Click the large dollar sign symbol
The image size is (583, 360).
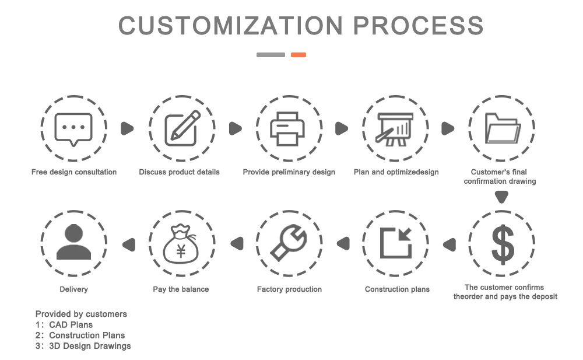[503, 244]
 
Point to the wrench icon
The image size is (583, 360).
[289, 244]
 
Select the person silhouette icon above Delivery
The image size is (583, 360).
[73, 243]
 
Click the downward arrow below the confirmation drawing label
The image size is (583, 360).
[502, 197]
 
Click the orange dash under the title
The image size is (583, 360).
[298, 55]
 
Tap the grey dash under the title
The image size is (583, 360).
[271, 55]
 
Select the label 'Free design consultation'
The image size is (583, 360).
[74, 172]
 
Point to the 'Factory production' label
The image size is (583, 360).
[289, 289]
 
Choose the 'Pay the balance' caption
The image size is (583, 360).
[181, 289]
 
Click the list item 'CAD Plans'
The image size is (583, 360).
[71, 324]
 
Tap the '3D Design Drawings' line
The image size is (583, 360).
[90, 346]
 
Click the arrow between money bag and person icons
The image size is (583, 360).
[128, 244]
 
